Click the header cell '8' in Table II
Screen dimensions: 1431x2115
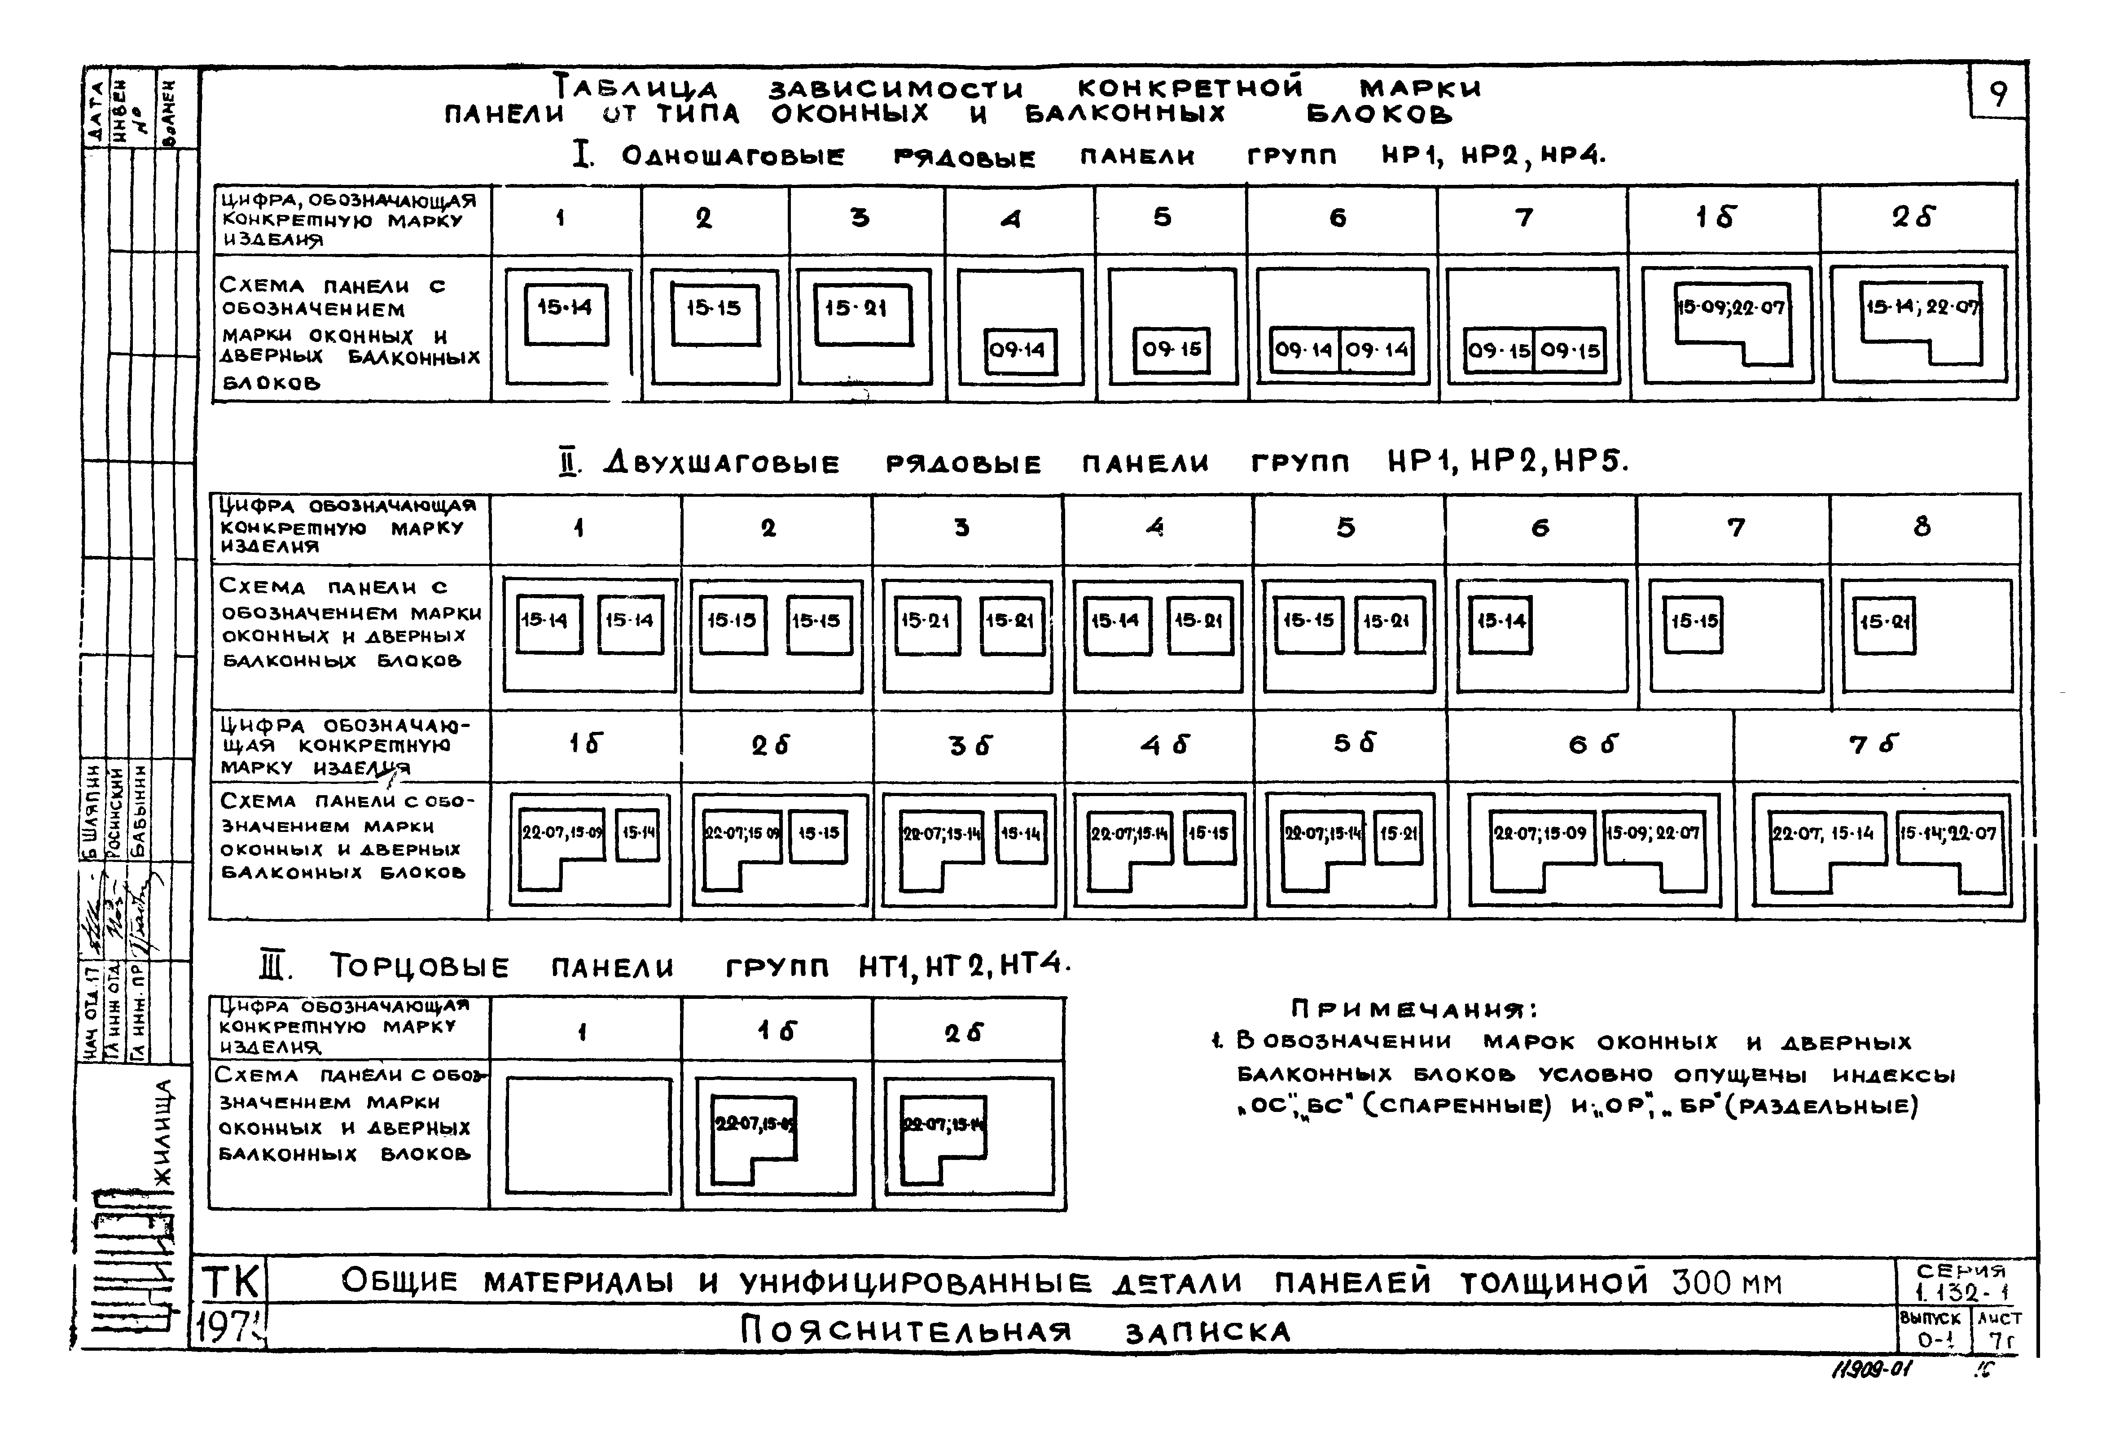pyautogui.click(x=1921, y=527)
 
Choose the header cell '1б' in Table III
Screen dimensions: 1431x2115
pyautogui.click(x=776, y=1031)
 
